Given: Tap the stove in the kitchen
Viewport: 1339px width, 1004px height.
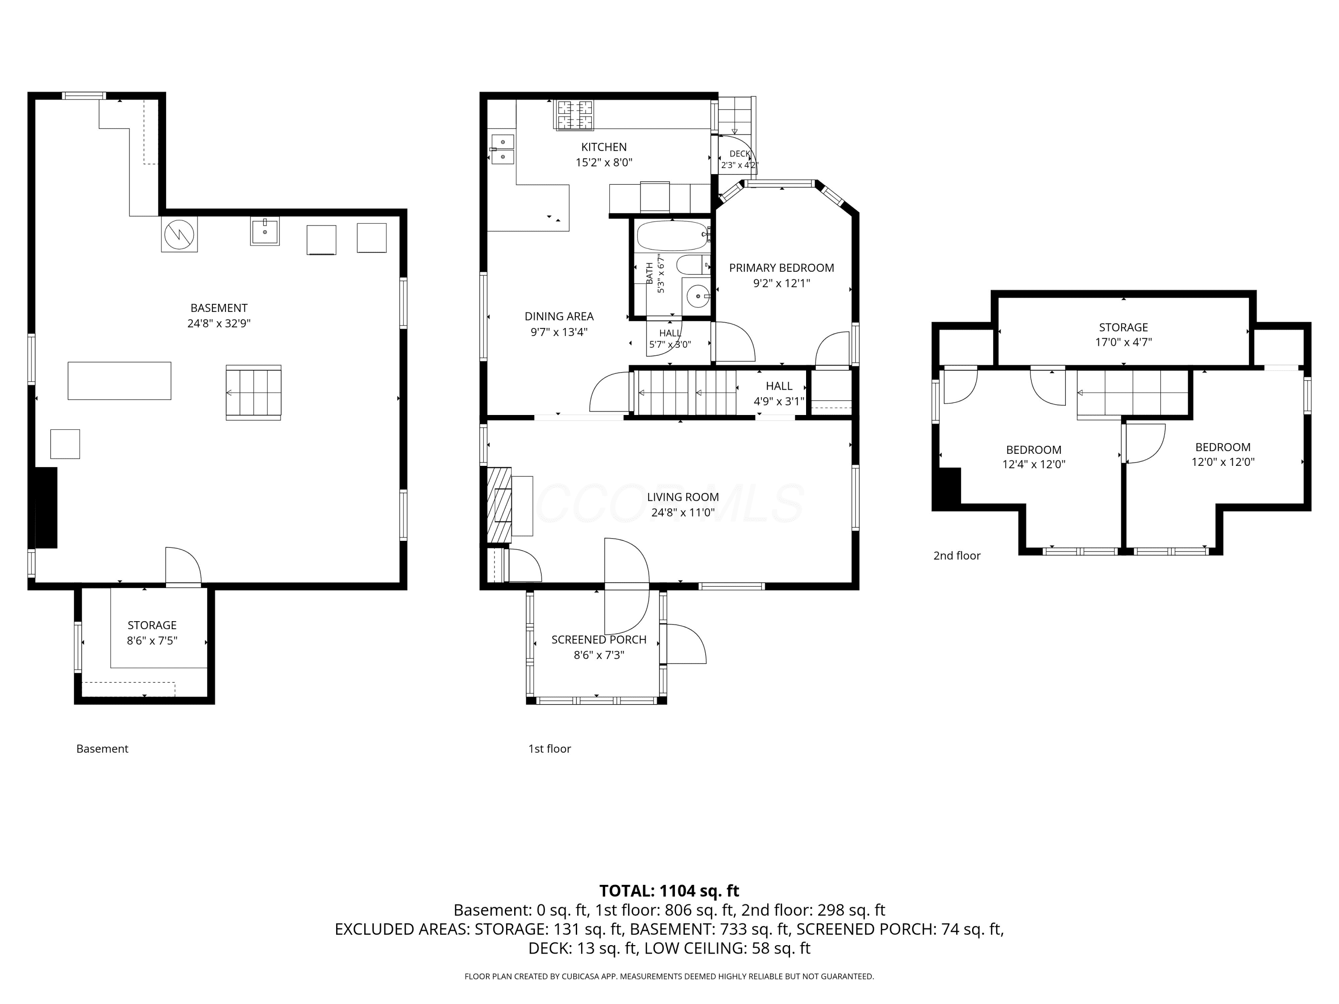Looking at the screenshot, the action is pyautogui.click(x=575, y=115).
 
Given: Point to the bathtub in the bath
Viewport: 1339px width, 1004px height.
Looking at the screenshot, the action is pyautogui.click(x=672, y=236).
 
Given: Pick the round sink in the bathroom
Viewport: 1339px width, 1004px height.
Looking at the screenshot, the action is pyautogui.click(x=698, y=297).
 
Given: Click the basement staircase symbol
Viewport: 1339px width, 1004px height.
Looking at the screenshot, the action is pyautogui.click(x=253, y=392).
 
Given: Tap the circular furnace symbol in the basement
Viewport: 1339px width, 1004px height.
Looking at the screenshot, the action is pyautogui.click(x=179, y=234).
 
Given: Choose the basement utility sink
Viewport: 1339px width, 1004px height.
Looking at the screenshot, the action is pyautogui.click(x=265, y=231).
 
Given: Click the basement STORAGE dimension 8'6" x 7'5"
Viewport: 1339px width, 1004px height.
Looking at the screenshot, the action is pyautogui.click(x=152, y=641).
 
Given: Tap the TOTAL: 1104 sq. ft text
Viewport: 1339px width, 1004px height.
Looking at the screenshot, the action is pyautogui.click(x=669, y=891).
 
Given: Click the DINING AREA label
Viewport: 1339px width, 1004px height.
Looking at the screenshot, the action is pyautogui.click(x=559, y=316).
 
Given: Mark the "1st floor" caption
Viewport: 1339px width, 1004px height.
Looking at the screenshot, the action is pyautogui.click(x=549, y=749).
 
